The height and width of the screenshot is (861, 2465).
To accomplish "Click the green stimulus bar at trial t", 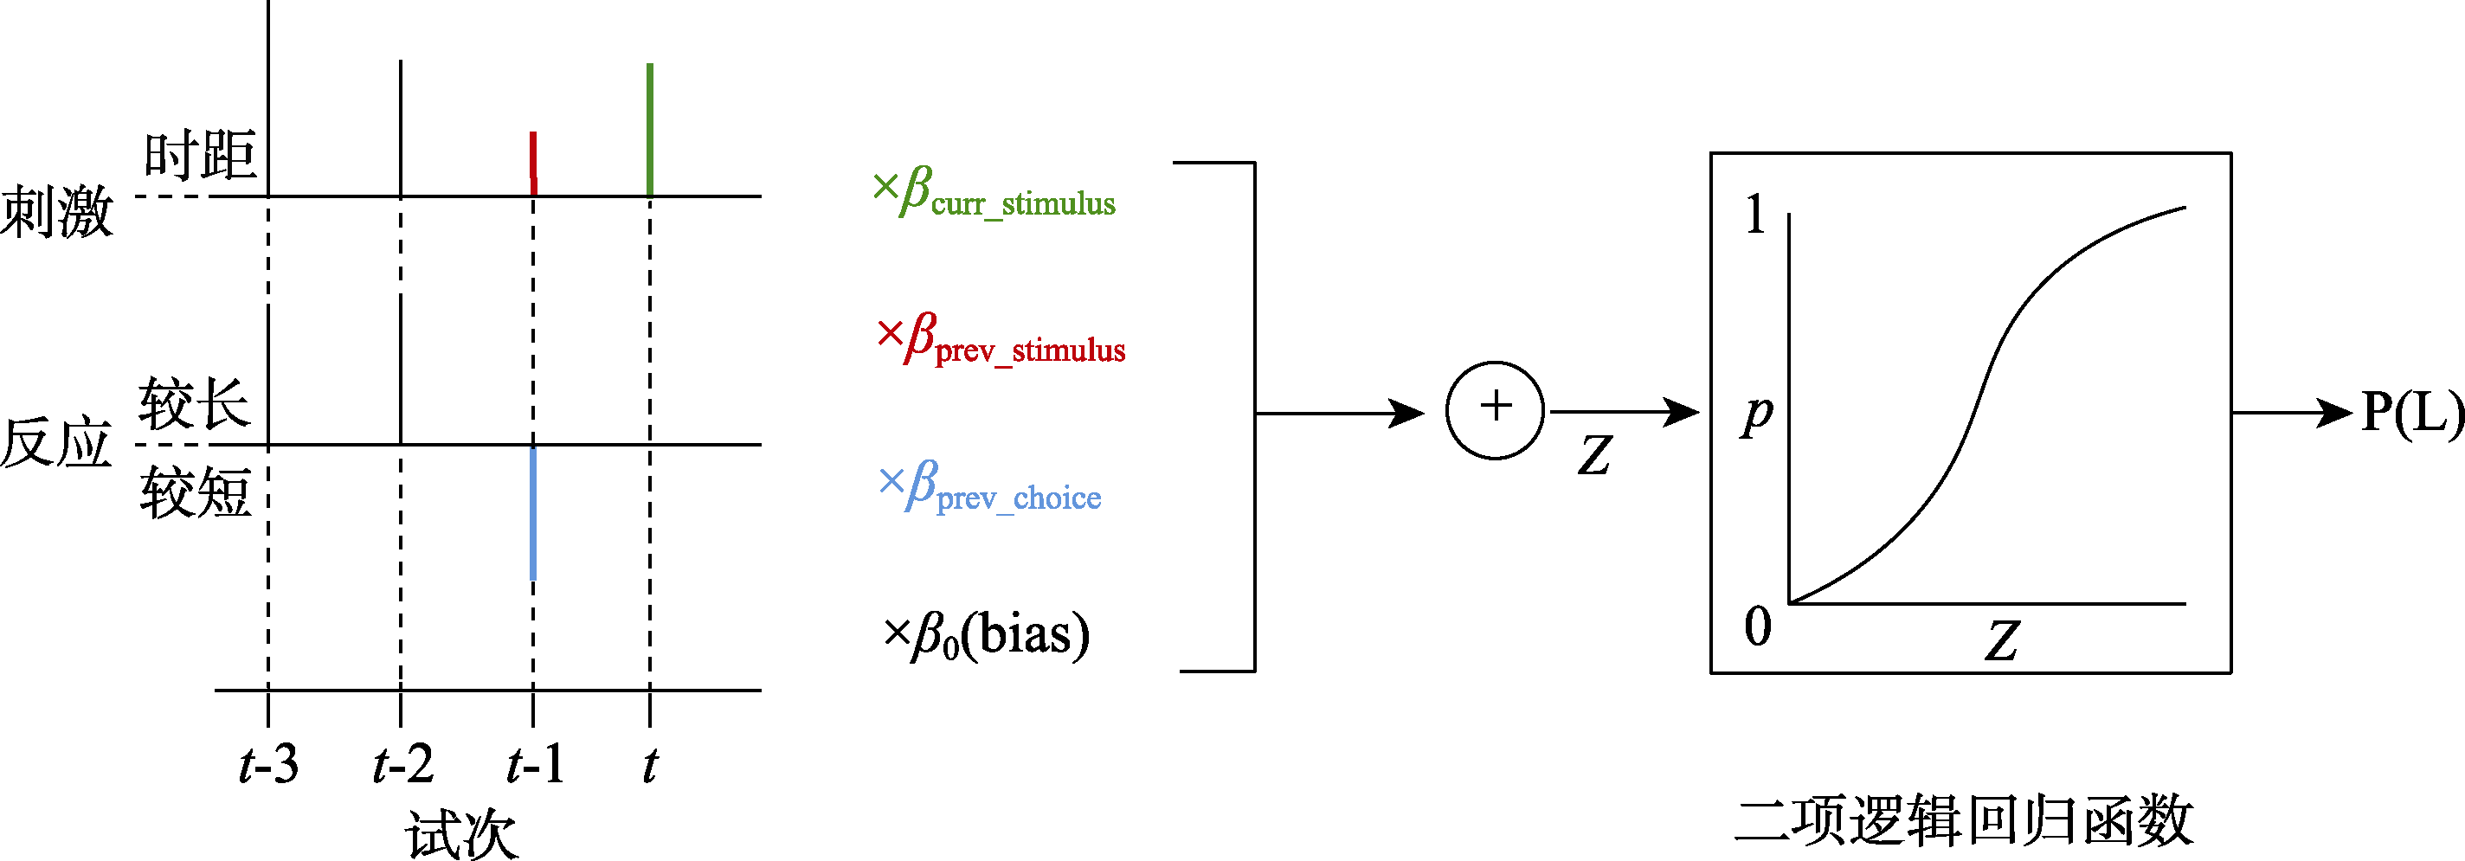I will tap(650, 129).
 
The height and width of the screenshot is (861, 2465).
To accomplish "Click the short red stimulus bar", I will tap(533, 163).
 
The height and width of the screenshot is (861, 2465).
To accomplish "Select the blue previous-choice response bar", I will tap(533, 513).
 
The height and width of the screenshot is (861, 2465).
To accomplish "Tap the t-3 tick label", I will tap(268, 765).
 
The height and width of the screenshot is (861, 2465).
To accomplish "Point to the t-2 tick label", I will tap(402, 765).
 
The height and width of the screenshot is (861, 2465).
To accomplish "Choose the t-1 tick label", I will tap(536, 765).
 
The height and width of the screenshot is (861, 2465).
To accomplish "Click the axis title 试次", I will tap(462, 834).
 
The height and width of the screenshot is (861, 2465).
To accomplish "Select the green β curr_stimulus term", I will tap(995, 192).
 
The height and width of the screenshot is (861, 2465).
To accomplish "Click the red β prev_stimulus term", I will tap(1001, 338).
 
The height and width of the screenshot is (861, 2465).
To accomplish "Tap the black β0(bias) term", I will tap(987, 635).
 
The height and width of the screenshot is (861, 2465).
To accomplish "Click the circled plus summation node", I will tap(1495, 410).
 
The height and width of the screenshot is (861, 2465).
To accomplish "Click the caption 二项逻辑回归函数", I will tap(1964, 821).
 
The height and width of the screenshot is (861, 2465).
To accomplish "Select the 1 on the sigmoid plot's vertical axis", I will tap(1754, 215).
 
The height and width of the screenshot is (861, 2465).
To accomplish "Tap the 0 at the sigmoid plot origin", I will tap(1757, 627).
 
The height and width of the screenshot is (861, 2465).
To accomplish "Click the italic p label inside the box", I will tap(1757, 415).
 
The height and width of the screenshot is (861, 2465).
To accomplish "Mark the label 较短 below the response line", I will tap(196, 493).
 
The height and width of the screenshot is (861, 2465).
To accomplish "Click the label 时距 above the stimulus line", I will tap(200, 155).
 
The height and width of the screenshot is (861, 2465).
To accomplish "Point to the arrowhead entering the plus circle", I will tap(1408, 414).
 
